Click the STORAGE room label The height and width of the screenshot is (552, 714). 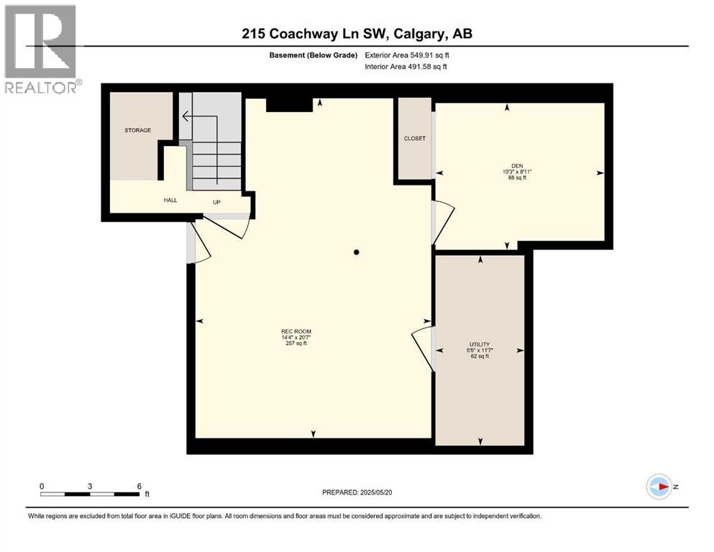137,130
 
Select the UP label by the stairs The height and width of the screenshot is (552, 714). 216,202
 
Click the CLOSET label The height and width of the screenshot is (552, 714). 415,138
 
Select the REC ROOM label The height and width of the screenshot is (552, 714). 296,331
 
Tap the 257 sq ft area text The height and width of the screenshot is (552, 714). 296,344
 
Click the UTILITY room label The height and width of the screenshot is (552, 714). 479,344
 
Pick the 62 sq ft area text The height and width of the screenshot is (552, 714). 479,356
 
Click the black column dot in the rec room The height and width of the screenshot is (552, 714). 357,252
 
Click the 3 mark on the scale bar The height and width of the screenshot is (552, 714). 90,487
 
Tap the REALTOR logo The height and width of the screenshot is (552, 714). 42,50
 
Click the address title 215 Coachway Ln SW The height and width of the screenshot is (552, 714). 357,34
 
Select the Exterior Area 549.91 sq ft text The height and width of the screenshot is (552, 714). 408,55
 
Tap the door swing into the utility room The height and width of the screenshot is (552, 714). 424,348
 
